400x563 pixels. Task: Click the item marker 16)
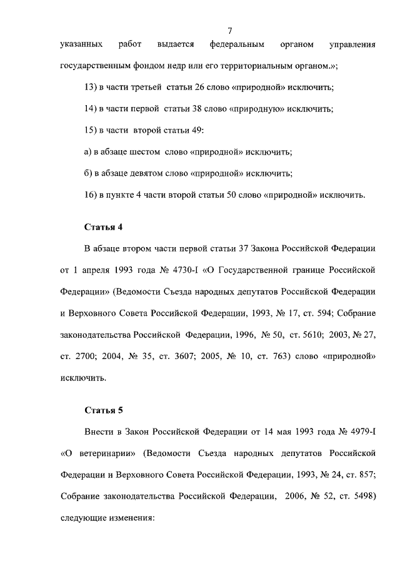pos(91,195)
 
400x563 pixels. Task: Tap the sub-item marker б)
pos(88,173)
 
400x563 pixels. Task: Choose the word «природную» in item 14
pos(255,108)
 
